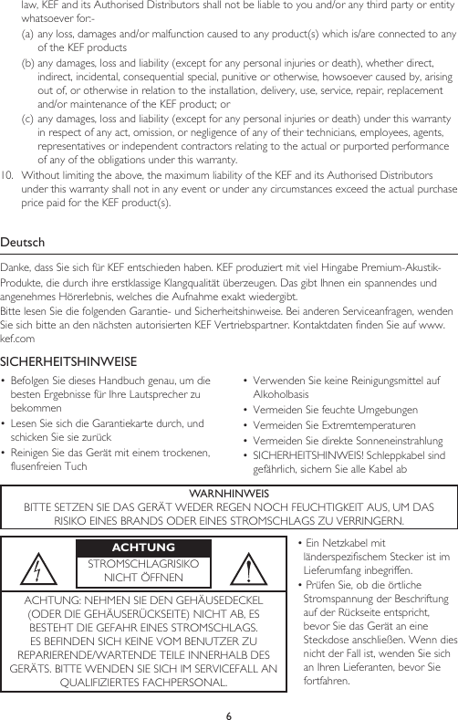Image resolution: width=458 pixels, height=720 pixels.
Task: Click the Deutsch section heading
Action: point(25,243)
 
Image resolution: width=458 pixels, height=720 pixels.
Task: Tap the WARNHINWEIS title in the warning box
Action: point(228,494)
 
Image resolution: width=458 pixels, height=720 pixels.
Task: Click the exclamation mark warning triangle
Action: point(249,569)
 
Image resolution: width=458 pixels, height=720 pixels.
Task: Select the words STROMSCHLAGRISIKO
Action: point(142,563)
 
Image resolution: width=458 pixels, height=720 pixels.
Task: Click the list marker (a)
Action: point(28,35)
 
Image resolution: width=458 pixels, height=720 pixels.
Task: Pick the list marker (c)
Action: point(28,117)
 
